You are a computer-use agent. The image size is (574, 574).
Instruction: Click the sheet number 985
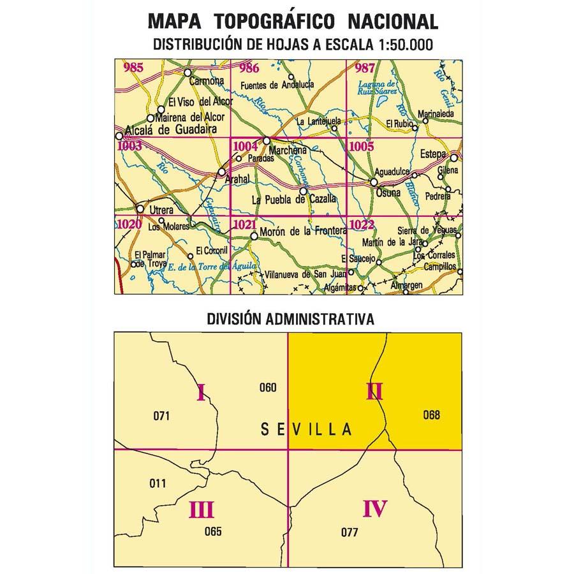click(135, 68)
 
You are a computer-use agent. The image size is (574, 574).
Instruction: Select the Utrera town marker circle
click(140, 209)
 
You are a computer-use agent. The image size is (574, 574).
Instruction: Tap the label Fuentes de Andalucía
click(279, 85)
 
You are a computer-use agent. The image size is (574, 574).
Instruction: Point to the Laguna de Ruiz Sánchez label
click(378, 89)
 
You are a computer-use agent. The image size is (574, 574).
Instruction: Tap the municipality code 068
click(432, 415)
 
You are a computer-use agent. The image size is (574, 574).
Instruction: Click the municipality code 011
click(158, 483)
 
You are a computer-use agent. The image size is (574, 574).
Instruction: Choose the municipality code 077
click(350, 533)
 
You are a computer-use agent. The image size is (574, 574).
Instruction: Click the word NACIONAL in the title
click(393, 21)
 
